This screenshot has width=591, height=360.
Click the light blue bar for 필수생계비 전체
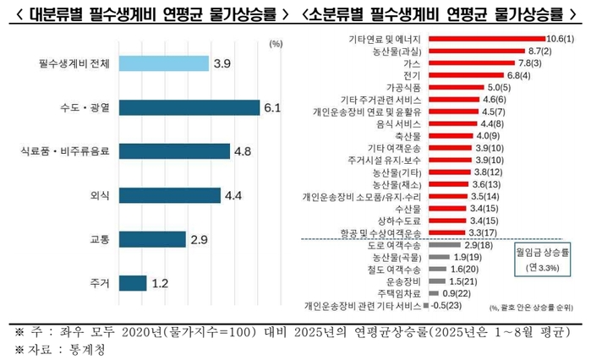(x=163, y=63)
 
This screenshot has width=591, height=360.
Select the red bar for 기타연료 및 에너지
(x=487, y=39)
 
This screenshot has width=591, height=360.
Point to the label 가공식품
(x=405, y=87)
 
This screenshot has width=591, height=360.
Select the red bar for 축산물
(x=451, y=135)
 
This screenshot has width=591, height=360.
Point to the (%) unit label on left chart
(x=275, y=43)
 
